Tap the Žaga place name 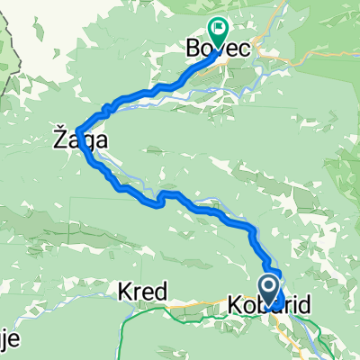pos(67,140)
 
